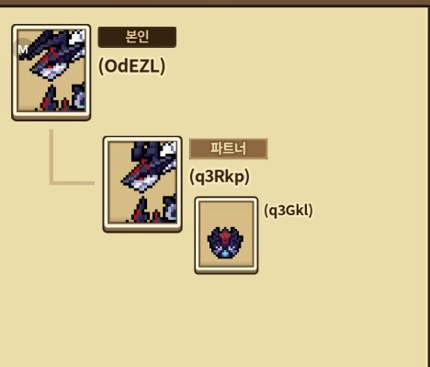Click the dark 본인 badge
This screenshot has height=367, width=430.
(x=137, y=37)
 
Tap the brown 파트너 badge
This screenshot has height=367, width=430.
(x=229, y=149)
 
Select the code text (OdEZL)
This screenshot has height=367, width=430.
(x=131, y=66)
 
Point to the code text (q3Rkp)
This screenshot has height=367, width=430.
(x=220, y=177)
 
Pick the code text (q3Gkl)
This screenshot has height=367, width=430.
(x=289, y=211)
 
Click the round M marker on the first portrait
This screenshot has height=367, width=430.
(x=22, y=49)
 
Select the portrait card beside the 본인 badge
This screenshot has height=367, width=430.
(x=51, y=73)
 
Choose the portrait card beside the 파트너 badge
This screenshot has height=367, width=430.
(x=142, y=184)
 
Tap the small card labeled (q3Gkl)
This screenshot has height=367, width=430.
(x=226, y=235)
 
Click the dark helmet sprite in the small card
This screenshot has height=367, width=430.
(x=225, y=243)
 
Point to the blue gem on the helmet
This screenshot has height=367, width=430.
(x=225, y=254)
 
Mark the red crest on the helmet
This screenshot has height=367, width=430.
(x=225, y=235)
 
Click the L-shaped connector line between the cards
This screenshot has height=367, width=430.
(x=51, y=183)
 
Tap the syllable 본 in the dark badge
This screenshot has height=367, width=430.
(x=130, y=37)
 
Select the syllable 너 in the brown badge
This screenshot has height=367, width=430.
(x=241, y=149)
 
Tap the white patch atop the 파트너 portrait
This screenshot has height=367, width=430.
(x=169, y=149)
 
